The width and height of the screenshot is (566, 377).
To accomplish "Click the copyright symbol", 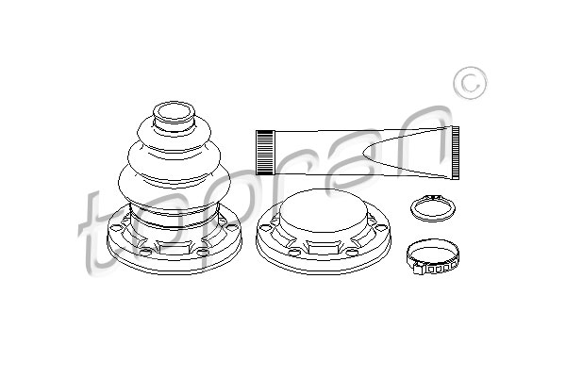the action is coord(470,83).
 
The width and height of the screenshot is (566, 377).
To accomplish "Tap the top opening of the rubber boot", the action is coord(174,111).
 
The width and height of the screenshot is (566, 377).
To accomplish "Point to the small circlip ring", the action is coord(433,208).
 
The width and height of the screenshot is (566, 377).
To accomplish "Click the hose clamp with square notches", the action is coord(432,257).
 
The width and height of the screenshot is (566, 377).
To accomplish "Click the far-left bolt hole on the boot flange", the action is coord(117,227).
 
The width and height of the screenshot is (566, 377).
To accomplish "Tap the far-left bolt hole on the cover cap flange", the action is coord(265,228).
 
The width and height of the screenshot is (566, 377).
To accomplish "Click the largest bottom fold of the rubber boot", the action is coord(175,186).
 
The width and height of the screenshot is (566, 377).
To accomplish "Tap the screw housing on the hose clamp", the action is coord(419,268).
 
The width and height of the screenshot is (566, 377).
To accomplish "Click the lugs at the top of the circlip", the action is coord(433,197).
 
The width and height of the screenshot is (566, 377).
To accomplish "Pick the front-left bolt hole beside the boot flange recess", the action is coord(144,253).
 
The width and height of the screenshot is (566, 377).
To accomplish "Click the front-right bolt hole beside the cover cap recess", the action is coord(353,253).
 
